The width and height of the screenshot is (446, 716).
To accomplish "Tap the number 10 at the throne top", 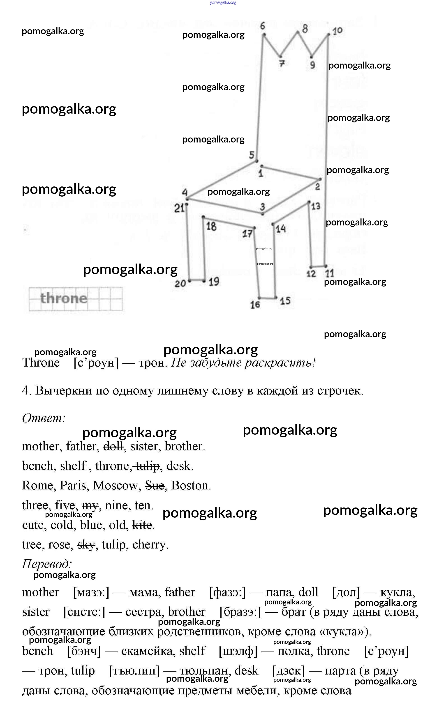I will (337, 31).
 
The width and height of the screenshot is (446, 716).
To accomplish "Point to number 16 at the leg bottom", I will (255, 305).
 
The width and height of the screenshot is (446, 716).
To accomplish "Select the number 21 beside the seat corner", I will (179, 208).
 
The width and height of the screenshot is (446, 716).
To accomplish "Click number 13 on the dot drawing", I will (316, 206).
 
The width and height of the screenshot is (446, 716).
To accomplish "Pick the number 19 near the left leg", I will (214, 282).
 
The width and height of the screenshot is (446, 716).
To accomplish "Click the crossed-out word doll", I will (113, 447).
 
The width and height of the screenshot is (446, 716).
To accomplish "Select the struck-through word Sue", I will (155, 486).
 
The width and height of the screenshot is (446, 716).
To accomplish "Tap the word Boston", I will (191, 486).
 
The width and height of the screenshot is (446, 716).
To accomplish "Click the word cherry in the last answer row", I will (150, 545).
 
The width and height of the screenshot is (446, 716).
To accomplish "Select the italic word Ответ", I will (44, 418).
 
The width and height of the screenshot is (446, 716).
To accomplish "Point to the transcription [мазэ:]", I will (91, 592).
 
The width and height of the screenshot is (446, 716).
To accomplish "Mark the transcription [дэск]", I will (289, 671).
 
